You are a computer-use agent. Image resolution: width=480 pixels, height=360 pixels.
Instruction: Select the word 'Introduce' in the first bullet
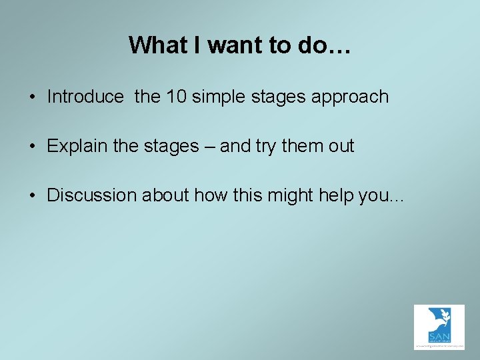85,97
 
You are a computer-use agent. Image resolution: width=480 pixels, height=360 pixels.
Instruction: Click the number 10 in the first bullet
177,97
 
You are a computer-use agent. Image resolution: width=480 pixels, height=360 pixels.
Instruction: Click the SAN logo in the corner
439,327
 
